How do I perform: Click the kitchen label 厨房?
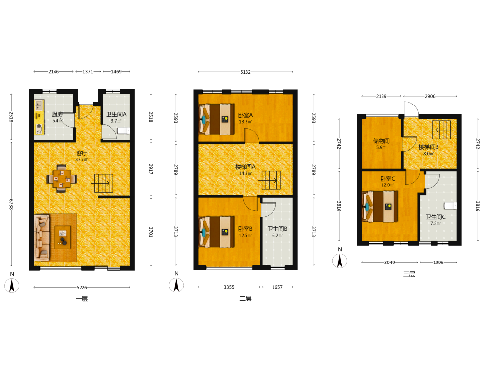pyautogui.click(x=57, y=114)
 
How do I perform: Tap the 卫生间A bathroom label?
pyautogui.click(x=116, y=114)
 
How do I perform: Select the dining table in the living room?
pyautogui.click(x=61, y=179)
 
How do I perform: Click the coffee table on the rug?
pyautogui.click(x=63, y=237)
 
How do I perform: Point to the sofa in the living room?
pyautogui.click(x=42, y=238)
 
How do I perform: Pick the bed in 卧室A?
pyautogui.click(x=217, y=119)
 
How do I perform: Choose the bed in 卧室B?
pyautogui.click(x=217, y=232)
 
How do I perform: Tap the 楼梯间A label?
pyautogui.click(x=245, y=167)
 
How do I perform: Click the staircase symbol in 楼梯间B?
pyautogui.click(x=441, y=130)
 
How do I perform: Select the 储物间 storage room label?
pyautogui.click(x=381, y=141)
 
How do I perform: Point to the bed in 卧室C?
pyautogui.click(x=380, y=207)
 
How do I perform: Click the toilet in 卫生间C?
pyautogui.click(x=450, y=205)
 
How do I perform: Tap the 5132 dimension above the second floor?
pyautogui.click(x=245, y=72)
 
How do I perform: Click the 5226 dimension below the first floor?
pyautogui.click(x=82, y=287)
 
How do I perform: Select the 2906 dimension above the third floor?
pyautogui.click(x=430, y=96)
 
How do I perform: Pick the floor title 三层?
pyautogui.click(x=409, y=274)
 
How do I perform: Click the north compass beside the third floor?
pyautogui.click(x=340, y=259)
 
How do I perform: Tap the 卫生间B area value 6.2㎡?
pyautogui.click(x=277, y=236)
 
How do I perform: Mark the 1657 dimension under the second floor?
pyautogui.click(x=277, y=287)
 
